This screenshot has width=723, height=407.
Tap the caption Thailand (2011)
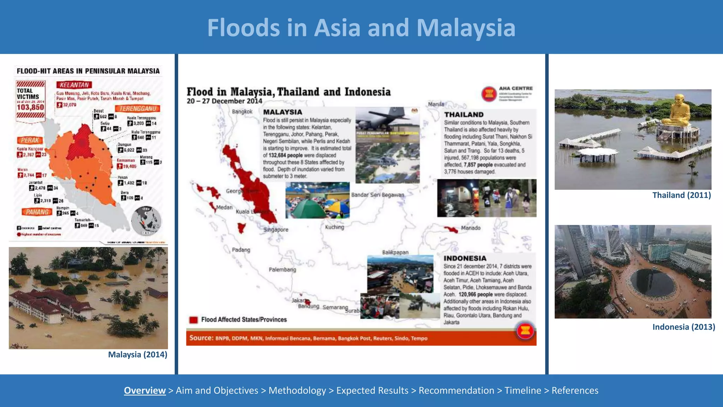[x=681, y=195]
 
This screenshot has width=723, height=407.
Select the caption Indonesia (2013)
[x=683, y=327]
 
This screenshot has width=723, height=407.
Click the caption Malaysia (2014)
[x=137, y=354]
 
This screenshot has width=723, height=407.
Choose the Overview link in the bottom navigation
[x=145, y=390]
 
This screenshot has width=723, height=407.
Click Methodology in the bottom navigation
[x=297, y=390]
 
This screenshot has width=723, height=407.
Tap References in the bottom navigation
[x=575, y=390]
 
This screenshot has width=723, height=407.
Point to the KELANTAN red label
[x=74, y=85]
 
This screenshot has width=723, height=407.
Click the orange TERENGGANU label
[x=137, y=108]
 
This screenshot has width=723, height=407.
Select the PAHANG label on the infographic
[x=37, y=212]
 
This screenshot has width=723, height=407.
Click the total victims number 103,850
[x=30, y=107]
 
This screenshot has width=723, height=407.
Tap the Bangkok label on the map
[x=242, y=112]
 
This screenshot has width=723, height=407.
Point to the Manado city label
[x=471, y=228]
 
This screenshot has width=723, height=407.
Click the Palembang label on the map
[x=282, y=270]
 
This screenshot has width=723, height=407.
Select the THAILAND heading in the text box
[x=464, y=114]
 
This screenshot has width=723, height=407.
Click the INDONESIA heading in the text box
[x=465, y=258]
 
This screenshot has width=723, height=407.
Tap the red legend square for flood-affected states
[x=193, y=320]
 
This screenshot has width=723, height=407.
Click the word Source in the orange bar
[x=201, y=338]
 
